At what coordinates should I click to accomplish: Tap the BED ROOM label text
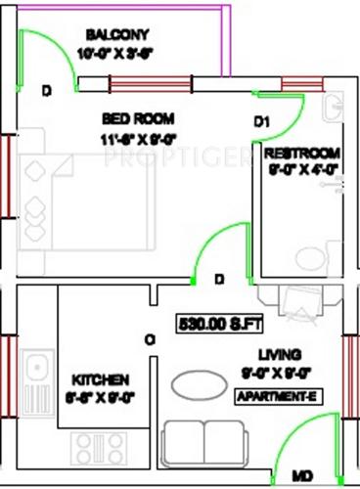[x=134, y=118]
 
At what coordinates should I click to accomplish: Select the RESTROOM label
[x=301, y=154]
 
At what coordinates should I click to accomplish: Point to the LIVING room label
[x=279, y=354]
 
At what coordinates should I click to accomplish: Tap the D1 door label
[x=261, y=122]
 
